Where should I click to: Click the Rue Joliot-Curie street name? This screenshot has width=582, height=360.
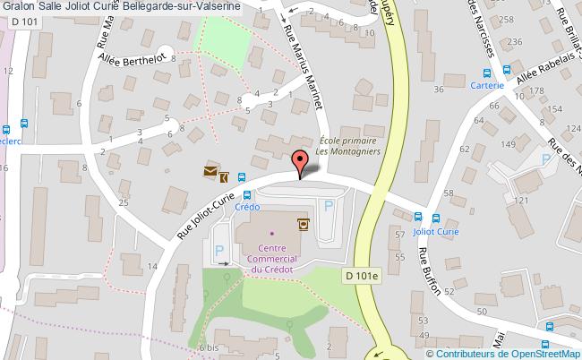[213, 207]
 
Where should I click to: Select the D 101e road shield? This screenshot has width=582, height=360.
[362, 279]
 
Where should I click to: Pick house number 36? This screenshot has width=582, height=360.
[438, 90]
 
